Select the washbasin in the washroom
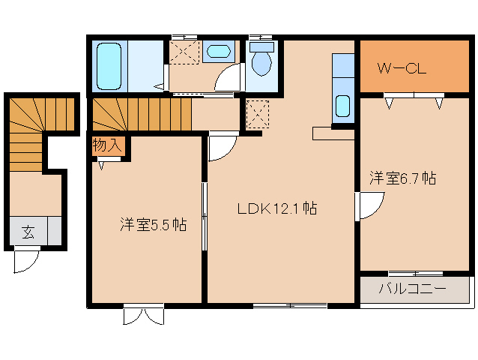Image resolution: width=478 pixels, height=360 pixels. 219,52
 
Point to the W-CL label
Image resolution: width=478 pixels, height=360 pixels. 402,70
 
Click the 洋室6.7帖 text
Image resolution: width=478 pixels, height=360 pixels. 402,178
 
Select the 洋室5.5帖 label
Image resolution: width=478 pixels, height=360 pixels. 153,224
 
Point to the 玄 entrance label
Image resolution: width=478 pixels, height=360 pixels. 27,232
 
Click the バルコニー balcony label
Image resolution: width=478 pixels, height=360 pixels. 411,289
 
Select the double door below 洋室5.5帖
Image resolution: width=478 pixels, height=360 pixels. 143,314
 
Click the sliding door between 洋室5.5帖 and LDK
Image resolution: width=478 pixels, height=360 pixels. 204,217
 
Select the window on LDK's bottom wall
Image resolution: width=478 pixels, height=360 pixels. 290,304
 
